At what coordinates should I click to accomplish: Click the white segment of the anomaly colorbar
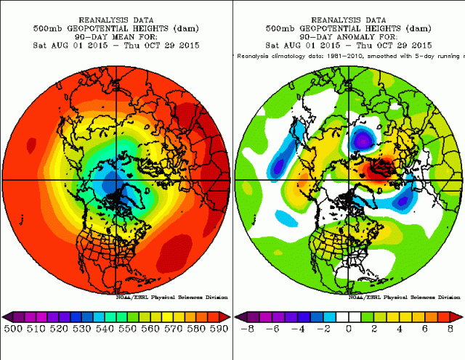349,316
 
